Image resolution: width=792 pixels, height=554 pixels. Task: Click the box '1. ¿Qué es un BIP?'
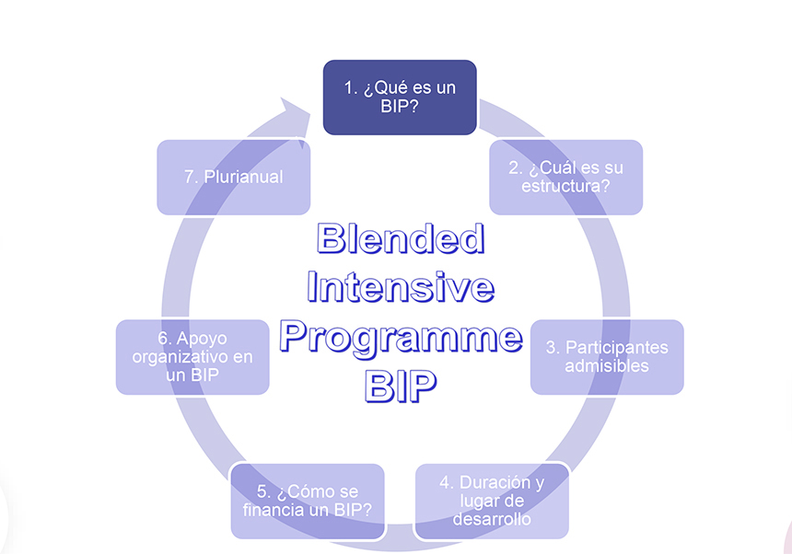click(400, 97)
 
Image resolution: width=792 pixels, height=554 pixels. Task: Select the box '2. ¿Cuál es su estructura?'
click(565, 177)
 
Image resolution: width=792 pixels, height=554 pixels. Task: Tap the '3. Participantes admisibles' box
click(607, 356)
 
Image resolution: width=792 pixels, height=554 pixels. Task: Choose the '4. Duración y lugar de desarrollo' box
click(492, 501)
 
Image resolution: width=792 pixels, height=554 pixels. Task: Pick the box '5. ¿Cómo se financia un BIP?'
click(308, 501)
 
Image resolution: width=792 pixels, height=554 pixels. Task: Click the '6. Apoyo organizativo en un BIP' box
click(192, 356)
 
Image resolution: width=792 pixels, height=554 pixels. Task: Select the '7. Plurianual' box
click(233, 177)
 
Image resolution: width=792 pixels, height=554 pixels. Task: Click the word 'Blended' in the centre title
click(400, 239)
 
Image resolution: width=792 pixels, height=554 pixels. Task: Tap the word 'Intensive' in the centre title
click(400, 288)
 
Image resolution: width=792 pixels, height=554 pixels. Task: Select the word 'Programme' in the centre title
click(400, 338)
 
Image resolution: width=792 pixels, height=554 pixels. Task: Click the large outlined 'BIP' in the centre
click(400, 387)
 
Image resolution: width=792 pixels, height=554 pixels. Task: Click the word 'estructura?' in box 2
click(565, 186)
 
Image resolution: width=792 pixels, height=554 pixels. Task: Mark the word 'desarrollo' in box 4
click(492, 519)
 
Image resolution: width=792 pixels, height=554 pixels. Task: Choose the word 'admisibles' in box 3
click(607, 365)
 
